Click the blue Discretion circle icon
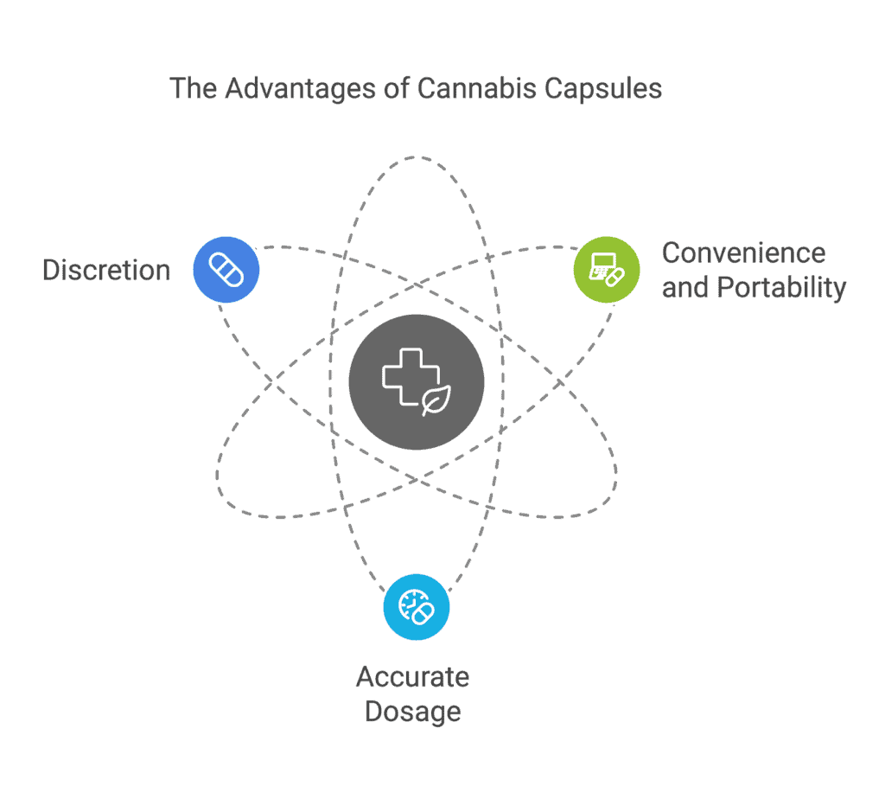coord(226,269)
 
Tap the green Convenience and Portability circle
coord(607,269)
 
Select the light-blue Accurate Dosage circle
coord(417,607)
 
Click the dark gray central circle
coord(417,382)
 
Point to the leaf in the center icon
coord(436,399)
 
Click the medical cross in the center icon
coord(411,376)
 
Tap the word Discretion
coord(106,270)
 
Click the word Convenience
coord(744,253)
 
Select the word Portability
coord(781,288)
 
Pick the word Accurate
coord(412,676)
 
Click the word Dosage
coord(412,712)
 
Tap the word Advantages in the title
coord(301,89)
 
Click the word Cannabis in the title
coord(477,88)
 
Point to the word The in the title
coord(194,88)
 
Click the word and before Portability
coord(685,287)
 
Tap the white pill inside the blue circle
coord(226,269)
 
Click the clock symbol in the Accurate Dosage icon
coord(411,603)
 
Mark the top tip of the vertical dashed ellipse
coord(417,157)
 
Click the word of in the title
coord(397,88)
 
